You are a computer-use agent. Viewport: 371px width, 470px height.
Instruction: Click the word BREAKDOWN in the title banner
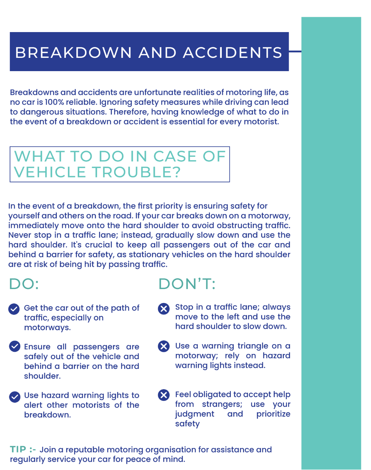point(74,53)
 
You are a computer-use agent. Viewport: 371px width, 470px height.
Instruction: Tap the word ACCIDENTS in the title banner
point(233,53)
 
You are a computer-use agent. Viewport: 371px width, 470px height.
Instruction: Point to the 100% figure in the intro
point(53,102)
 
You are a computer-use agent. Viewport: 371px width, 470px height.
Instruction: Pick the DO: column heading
point(24,284)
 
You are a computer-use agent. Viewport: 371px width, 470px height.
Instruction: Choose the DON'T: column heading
point(187,284)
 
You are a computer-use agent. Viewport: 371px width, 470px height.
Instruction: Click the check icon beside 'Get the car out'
point(14,309)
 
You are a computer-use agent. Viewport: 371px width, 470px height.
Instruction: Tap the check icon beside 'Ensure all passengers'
point(15,346)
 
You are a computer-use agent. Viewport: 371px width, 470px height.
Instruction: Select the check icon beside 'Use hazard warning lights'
point(15,397)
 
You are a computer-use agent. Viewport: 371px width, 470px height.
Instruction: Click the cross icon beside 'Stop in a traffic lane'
point(164,309)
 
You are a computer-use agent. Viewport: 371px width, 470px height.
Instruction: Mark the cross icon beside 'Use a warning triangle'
point(164,346)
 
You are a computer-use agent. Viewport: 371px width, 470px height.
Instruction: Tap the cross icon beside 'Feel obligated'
point(164,395)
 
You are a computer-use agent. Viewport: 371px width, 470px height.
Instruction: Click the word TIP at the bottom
point(18,449)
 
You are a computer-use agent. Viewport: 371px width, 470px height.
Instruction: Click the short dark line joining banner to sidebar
point(295,52)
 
